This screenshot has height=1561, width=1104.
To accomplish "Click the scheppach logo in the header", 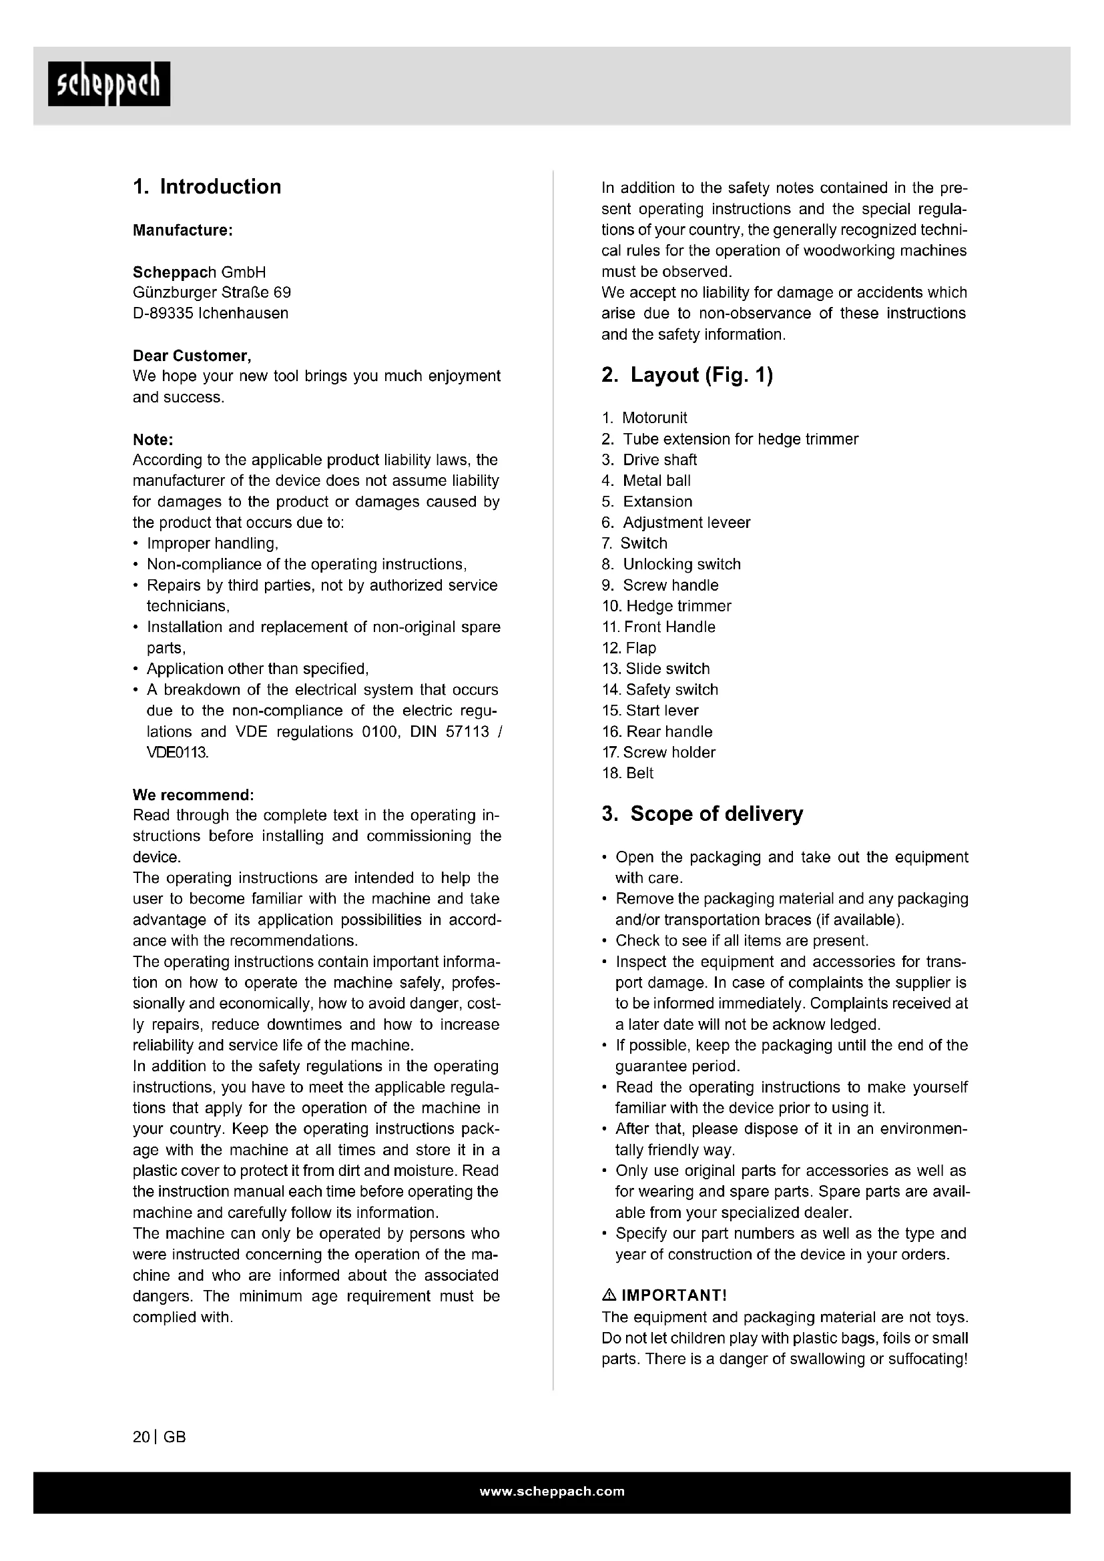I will tap(109, 84).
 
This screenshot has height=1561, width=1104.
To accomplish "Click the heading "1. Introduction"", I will tap(207, 187).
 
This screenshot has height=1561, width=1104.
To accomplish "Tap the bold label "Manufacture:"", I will tap(183, 230).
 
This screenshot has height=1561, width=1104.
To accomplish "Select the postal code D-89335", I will tap(163, 314).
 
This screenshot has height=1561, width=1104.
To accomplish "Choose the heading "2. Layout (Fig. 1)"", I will tap(687, 374).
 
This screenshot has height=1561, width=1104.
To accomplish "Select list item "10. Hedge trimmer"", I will tap(666, 606).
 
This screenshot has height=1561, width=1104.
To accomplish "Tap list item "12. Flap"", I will tap(629, 648).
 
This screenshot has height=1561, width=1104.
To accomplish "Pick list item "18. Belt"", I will tap(627, 773).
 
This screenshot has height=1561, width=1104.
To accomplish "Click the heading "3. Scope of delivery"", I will tap(702, 814).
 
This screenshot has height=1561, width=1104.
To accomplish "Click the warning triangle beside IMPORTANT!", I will tap(609, 1295).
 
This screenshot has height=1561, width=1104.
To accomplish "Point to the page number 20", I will tap(142, 1438).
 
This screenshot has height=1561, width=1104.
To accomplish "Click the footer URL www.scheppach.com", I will tap(552, 1492).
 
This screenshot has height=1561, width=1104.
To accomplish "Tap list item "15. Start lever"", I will tap(650, 711).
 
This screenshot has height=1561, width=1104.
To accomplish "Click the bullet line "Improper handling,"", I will tap(212, 543).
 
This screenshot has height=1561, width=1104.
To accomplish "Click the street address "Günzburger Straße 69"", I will tap(212, 292).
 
